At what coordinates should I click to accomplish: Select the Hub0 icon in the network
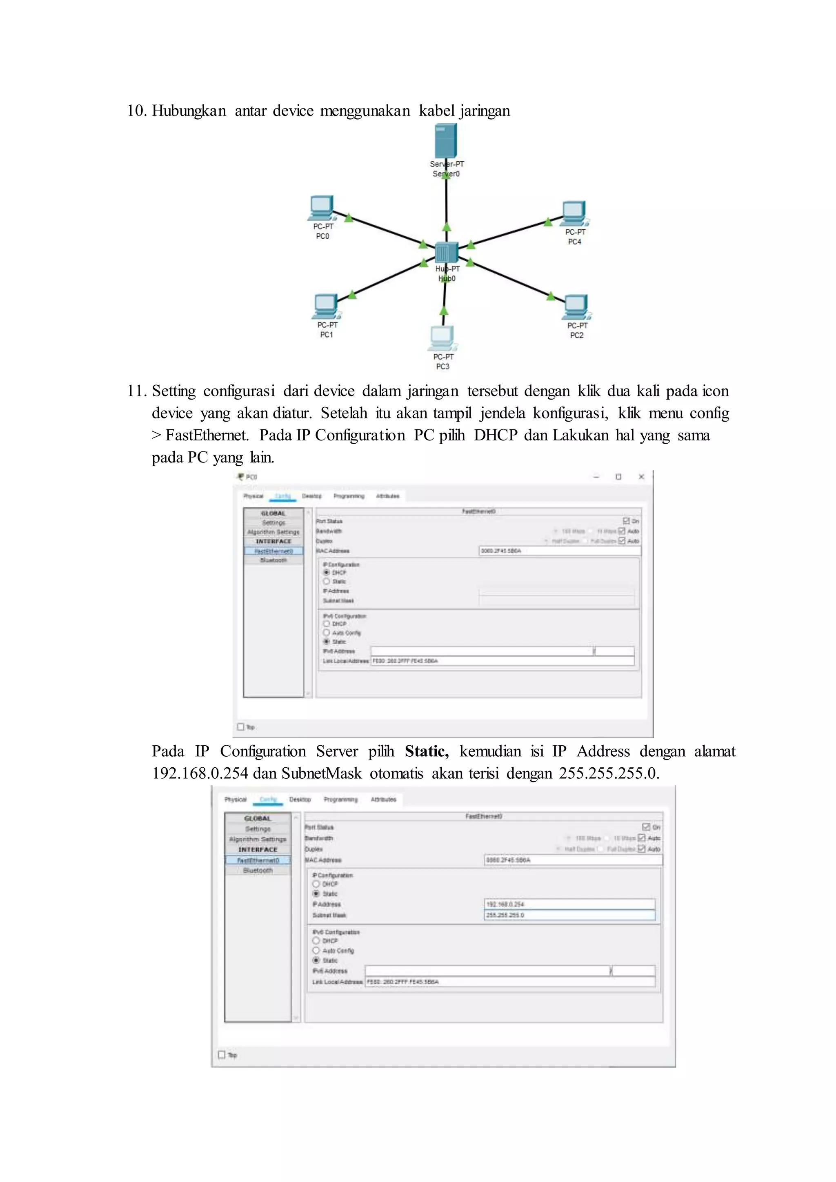point(446,252)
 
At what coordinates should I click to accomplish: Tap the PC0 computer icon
point(322,207)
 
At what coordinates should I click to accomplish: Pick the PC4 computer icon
point(574,213)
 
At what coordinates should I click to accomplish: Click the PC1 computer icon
point(326,306)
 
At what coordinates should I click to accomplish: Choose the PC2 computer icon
point(576,306)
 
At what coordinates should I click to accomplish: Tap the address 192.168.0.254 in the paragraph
point(200,774)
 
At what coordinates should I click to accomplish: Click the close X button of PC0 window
point(641,477)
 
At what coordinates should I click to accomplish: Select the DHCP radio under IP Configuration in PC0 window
point(327,573)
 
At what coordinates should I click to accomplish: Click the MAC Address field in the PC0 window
point(560,551)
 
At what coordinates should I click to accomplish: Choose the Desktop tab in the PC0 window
point(311,496)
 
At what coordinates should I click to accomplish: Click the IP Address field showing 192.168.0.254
point(570,904)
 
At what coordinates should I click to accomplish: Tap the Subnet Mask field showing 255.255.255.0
point(570,915)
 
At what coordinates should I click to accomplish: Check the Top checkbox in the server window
point(222,1054)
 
